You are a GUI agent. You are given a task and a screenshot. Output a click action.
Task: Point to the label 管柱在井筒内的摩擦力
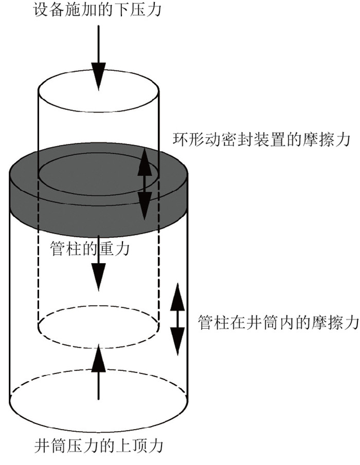click(278, 323)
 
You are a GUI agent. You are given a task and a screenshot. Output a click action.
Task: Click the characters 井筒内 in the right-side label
click(278, 323)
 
